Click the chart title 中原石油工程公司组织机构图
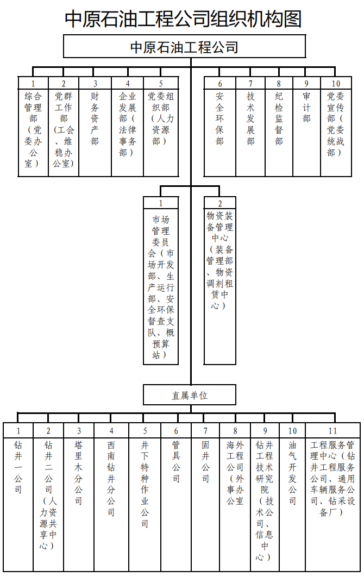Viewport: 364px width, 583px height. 183,18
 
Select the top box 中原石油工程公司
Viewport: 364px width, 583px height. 184,47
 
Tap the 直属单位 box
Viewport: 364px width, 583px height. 190,395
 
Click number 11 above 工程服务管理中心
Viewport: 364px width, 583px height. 333,431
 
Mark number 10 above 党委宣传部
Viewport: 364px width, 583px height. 336,84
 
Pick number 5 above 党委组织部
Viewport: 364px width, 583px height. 161,84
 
